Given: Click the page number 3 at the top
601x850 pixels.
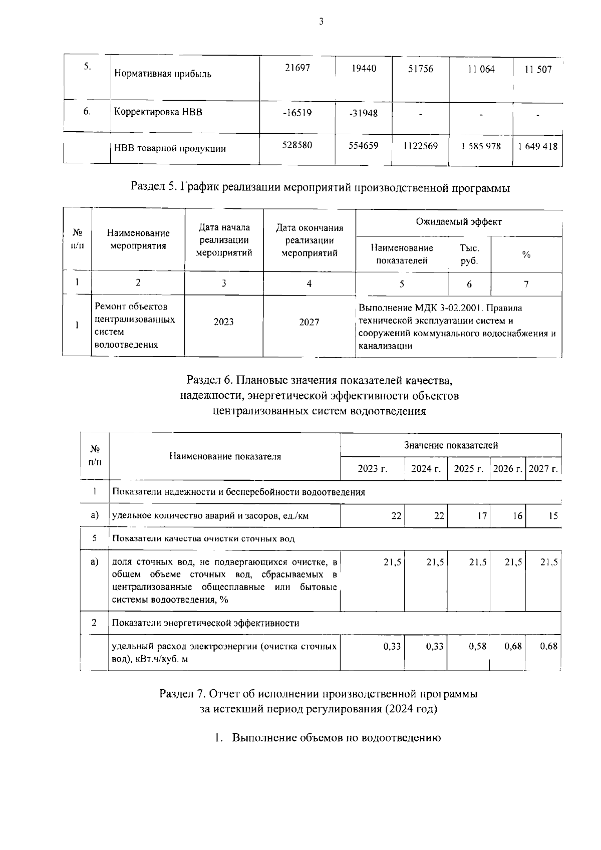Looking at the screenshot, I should click(321, 22).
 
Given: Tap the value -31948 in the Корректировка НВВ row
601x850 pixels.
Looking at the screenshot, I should click(363, 113).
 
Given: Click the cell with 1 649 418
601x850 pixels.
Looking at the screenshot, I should click(538, 147).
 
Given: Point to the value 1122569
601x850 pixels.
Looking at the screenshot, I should click(420, 146).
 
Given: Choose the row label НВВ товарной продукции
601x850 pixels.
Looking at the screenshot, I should click(170, 148).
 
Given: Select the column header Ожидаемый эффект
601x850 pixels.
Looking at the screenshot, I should click(458, 222).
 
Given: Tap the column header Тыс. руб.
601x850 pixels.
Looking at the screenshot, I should click(469, 254).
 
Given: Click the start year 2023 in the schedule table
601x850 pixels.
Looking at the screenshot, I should click(223, 322).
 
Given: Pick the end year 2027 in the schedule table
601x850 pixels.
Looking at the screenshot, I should click(309, 322).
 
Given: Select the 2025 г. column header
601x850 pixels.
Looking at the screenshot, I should click(468, 469).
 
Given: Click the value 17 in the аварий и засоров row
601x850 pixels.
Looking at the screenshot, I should click(481, 515).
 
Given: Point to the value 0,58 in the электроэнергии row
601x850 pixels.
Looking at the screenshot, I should click(477, 646).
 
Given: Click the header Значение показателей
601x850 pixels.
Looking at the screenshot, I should click(451, 445).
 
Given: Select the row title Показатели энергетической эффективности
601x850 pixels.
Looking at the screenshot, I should click(205, 623).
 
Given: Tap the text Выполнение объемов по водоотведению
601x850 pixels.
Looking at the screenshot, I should click(336, 738).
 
